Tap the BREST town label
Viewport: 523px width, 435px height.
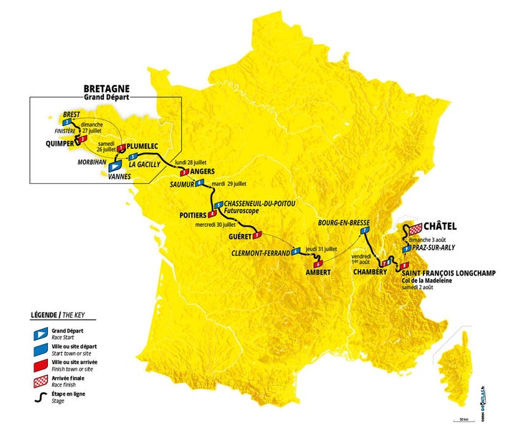point(71,114)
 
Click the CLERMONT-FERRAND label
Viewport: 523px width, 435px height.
point(259,253)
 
